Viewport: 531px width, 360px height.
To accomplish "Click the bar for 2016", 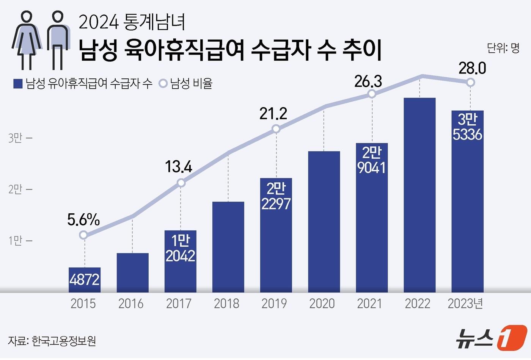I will tap(132, 272).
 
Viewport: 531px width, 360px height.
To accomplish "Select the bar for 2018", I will tap(228, 247).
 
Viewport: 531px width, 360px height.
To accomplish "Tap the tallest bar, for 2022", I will tap(419, 195).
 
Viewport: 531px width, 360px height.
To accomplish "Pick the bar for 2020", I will tap(324, 222).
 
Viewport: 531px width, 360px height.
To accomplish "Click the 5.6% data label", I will tap(83, 220).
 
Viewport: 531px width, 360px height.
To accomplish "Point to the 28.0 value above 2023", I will tap(472, 69).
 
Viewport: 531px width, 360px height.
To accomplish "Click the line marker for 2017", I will tap(181, 183).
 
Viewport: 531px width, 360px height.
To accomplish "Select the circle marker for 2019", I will tap(276, 129).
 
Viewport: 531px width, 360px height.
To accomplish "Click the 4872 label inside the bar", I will tap(85, 280).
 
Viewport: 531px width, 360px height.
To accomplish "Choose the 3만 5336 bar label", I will tap(467, 127).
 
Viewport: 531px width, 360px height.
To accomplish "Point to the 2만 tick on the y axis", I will tap(16, 189).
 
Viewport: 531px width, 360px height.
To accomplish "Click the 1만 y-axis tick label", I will tap(16, 241).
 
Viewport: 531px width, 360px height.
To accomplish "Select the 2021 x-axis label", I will tap(370, 304).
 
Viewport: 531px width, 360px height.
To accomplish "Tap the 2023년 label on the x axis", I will tap(465, 304).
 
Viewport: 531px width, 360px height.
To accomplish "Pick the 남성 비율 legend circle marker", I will tap(163, 84).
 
